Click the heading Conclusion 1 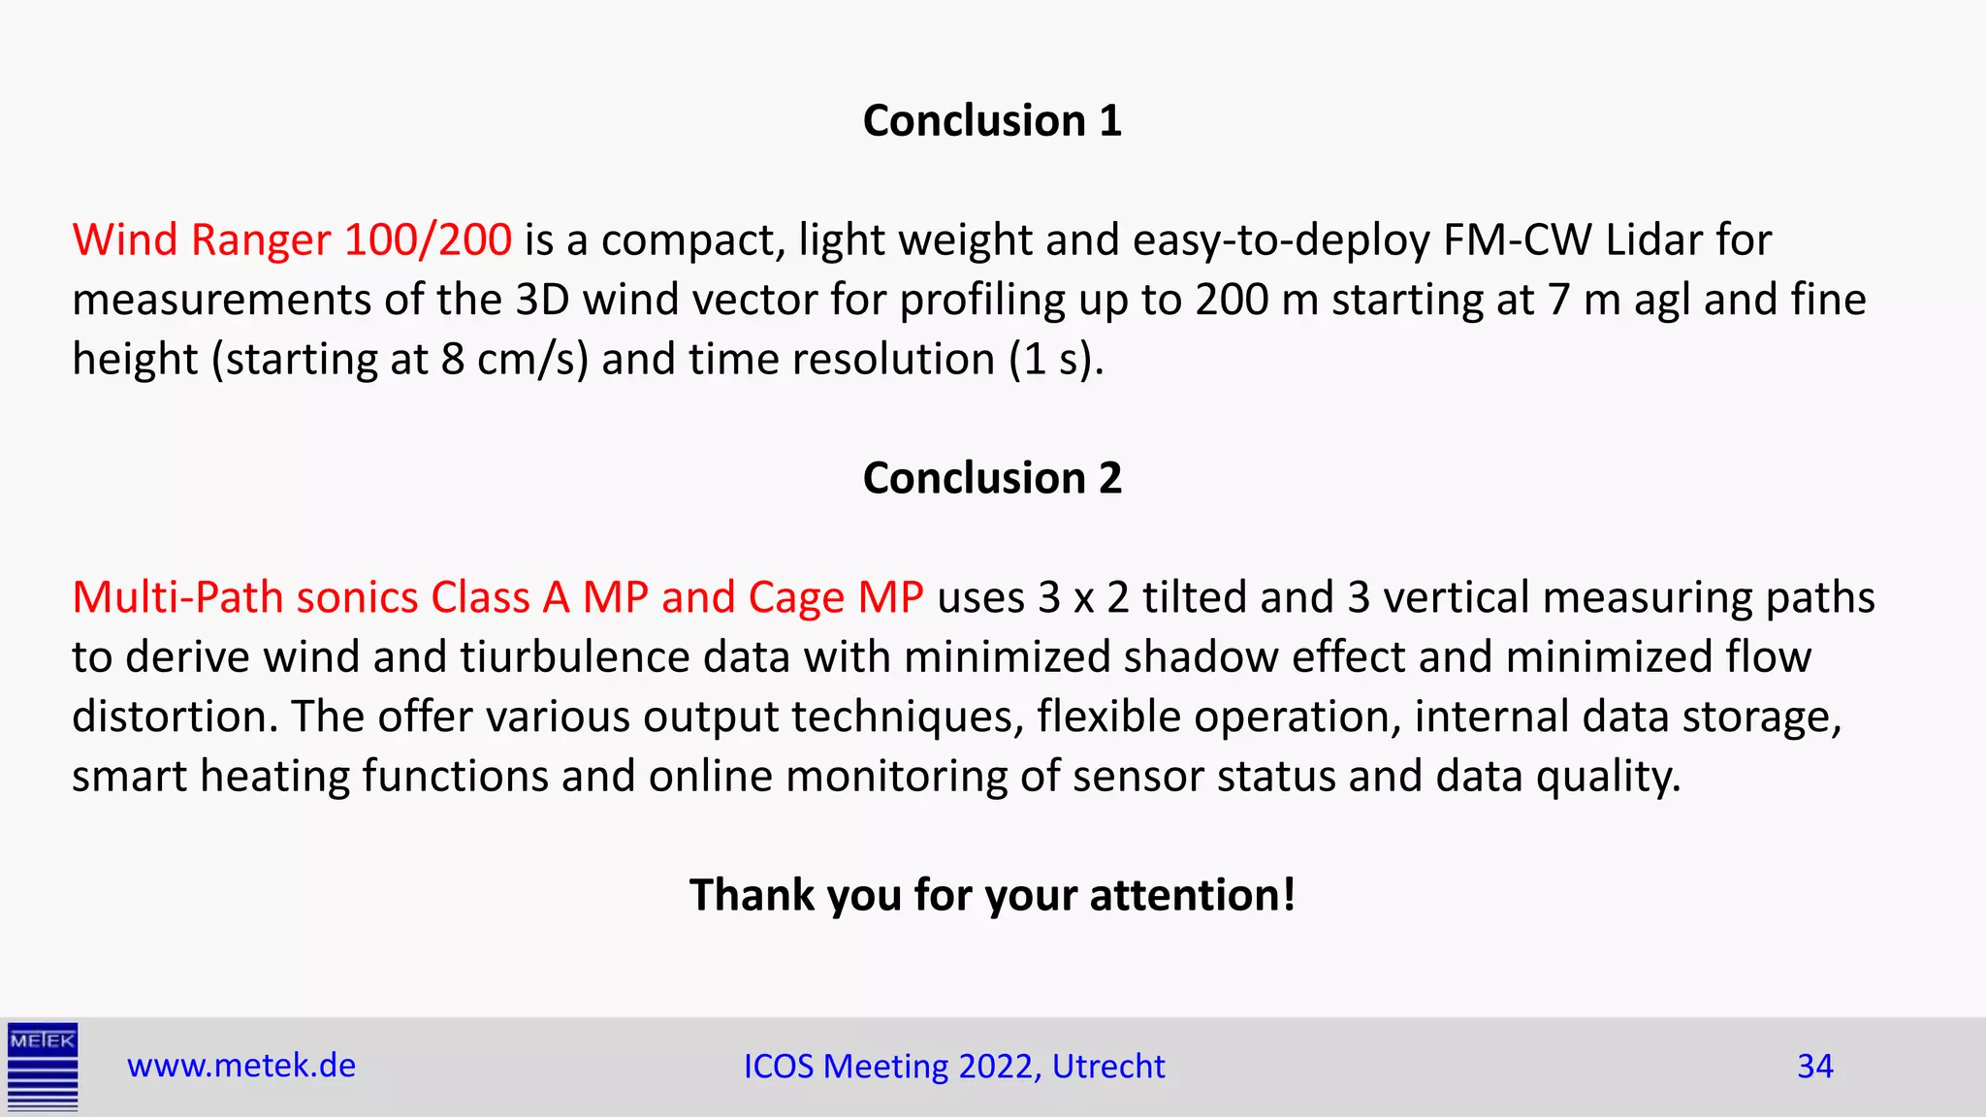coord(992,121)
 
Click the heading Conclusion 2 coord(992,478)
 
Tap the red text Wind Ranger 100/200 coord(292,239)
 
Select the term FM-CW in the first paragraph coord(1518,239)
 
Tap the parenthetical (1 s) coord(1055,360)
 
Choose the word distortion coord(175,717)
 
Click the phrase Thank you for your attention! coord(992,894)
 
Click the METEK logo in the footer coord(43,1067)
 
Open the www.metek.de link coord(241,1066)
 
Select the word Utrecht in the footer coord(1108,1067)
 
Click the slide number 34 coord(1814,1067)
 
